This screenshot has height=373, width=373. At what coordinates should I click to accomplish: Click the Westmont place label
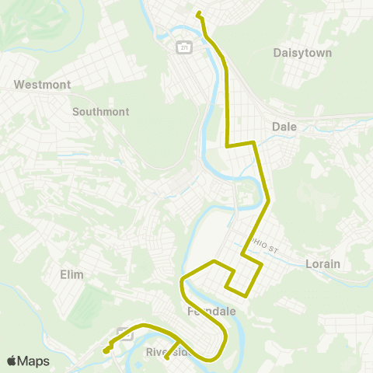[x=42, y=84]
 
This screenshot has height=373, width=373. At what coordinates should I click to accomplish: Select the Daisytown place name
[x=302, y=53]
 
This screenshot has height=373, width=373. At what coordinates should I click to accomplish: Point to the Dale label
[x=285, y=126]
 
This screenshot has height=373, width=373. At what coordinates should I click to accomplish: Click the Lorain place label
[x=322, y=263]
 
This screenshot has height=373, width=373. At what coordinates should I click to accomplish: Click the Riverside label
[x=166, y=352]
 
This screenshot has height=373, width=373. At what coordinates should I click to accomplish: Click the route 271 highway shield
[x=184, y=47]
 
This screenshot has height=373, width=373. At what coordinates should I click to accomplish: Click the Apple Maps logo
[x=28, y=361]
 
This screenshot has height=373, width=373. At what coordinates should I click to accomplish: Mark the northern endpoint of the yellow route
[x=199, y=13]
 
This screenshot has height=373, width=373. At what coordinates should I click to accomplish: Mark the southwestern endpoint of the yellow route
[x=105, y=351]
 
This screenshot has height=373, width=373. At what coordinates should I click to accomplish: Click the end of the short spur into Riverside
[x=167, y=358]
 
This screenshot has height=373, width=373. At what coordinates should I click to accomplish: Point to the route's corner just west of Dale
[x=226, y=145]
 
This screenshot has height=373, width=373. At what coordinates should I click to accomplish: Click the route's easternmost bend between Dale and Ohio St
[x=269, y=201]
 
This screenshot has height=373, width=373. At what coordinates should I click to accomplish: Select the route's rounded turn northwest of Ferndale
[x=183, y=280]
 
